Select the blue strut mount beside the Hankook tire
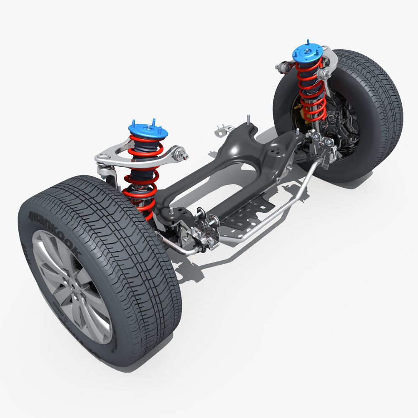pyautogui.click(x=148, y=130)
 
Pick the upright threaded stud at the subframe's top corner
pyautogui.click(x=248, y=119)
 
